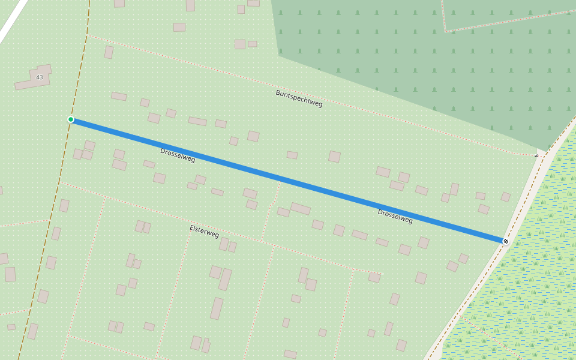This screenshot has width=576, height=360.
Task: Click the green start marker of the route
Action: tap(71, 119)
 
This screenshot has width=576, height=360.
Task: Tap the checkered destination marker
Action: tap(506, 241)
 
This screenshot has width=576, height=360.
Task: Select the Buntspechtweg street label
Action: tap(299, 98)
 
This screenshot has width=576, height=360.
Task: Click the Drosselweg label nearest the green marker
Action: tap(178, 155)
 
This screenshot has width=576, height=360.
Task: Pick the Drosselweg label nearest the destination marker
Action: tap(395, 216)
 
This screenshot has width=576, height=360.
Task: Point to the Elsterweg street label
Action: tap(204, 231)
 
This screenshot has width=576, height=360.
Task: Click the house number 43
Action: tap(40, 77)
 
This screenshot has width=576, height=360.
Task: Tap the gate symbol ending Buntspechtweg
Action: tap(537, 155)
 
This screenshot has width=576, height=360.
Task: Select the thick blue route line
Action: tap(288, 180)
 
